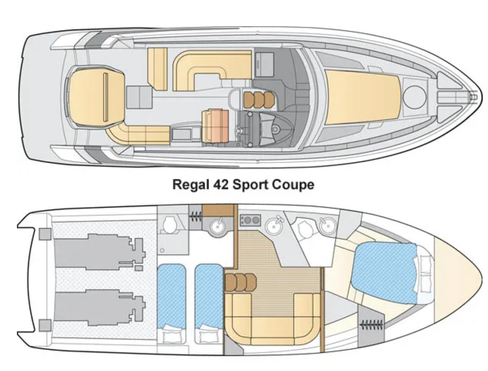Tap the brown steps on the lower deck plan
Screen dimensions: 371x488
(x=241, y=282)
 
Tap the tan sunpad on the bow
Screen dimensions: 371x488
(x=362, y=97)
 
